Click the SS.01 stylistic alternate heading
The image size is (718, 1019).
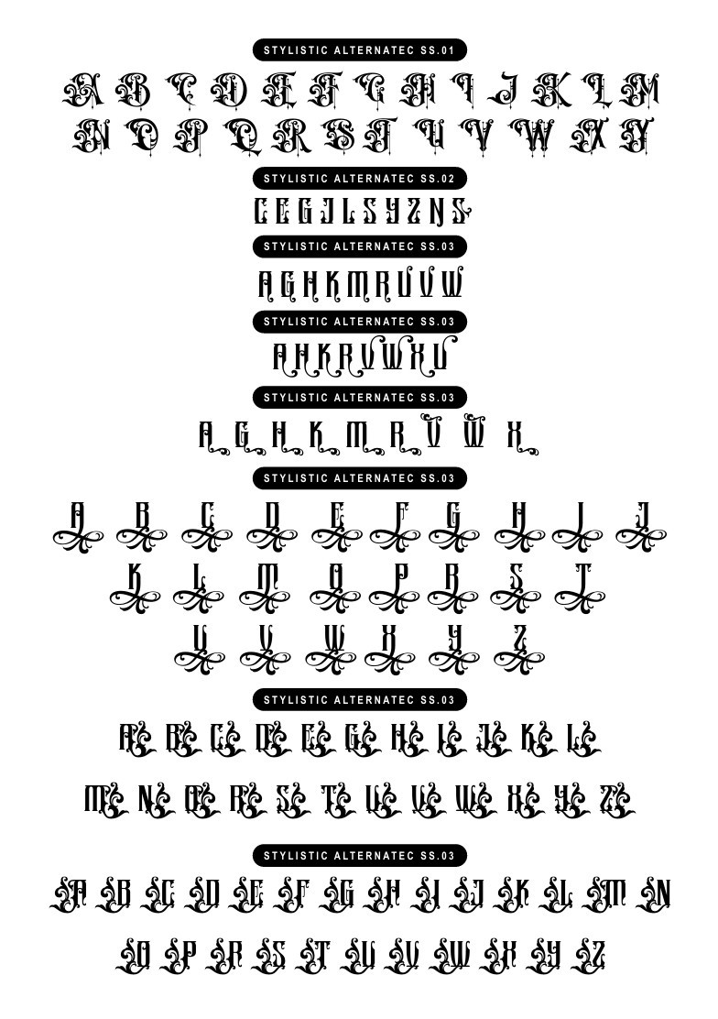point(360,49)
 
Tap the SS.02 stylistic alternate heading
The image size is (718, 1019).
point(360,178)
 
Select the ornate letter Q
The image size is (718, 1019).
point(244,137)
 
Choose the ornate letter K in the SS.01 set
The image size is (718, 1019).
point(550,90)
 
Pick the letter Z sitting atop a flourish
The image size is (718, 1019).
point(518,638)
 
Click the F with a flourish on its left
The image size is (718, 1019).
point(293,893)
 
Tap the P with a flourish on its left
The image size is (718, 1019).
point(182,957)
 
